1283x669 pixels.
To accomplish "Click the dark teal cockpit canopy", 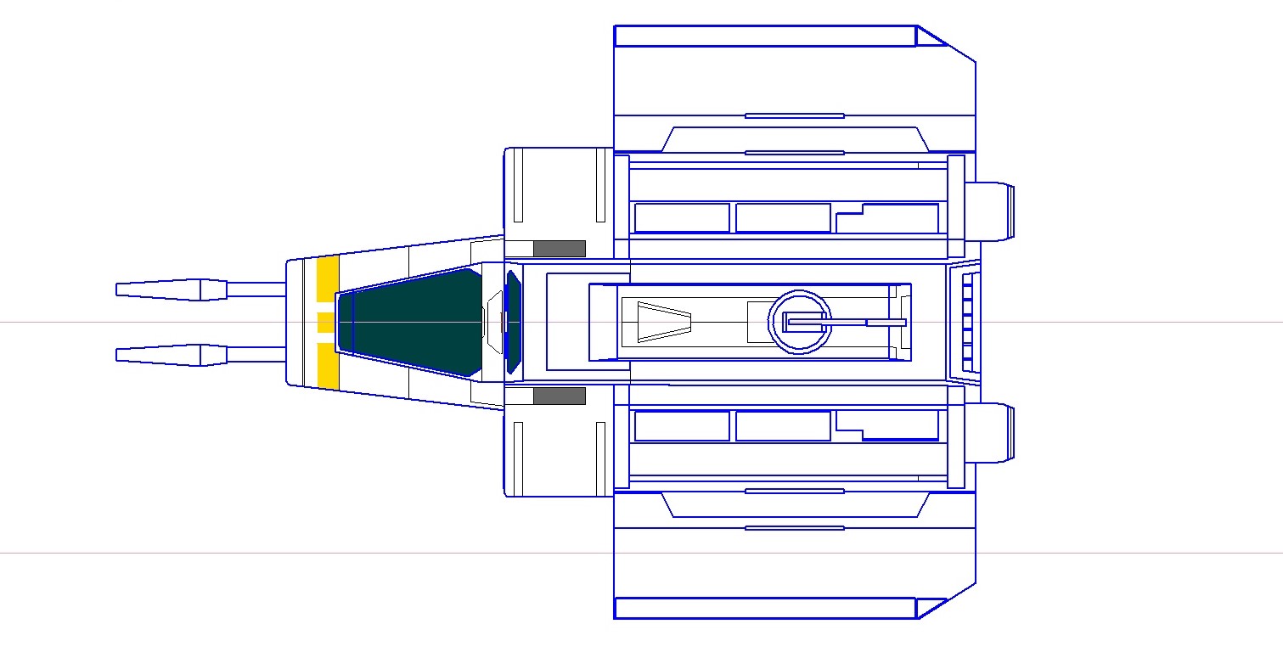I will point(412,323).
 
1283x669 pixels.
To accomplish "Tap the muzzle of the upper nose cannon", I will point(119,290).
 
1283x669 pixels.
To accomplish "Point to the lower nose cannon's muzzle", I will point(119,355).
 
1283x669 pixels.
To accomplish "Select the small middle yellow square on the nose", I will point(324,323).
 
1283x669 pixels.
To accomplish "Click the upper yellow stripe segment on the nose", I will point(328,278).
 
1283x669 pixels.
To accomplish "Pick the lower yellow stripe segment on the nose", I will point(328,365).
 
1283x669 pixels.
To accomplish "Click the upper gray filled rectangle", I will point(559,249).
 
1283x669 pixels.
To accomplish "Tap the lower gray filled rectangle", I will point(559,396).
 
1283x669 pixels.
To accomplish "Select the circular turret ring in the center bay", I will point(798,322).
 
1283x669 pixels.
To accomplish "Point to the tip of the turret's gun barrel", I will point(903,323).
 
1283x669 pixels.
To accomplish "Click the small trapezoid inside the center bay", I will point(664,323).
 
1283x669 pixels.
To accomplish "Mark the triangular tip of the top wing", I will point(929,37).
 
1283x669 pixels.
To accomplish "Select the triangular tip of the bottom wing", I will point(929,608).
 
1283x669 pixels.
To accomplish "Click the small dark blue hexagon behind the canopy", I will point(512,323).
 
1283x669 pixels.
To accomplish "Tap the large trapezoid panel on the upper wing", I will point(794,140).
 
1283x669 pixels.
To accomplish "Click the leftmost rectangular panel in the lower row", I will point(682,426).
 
